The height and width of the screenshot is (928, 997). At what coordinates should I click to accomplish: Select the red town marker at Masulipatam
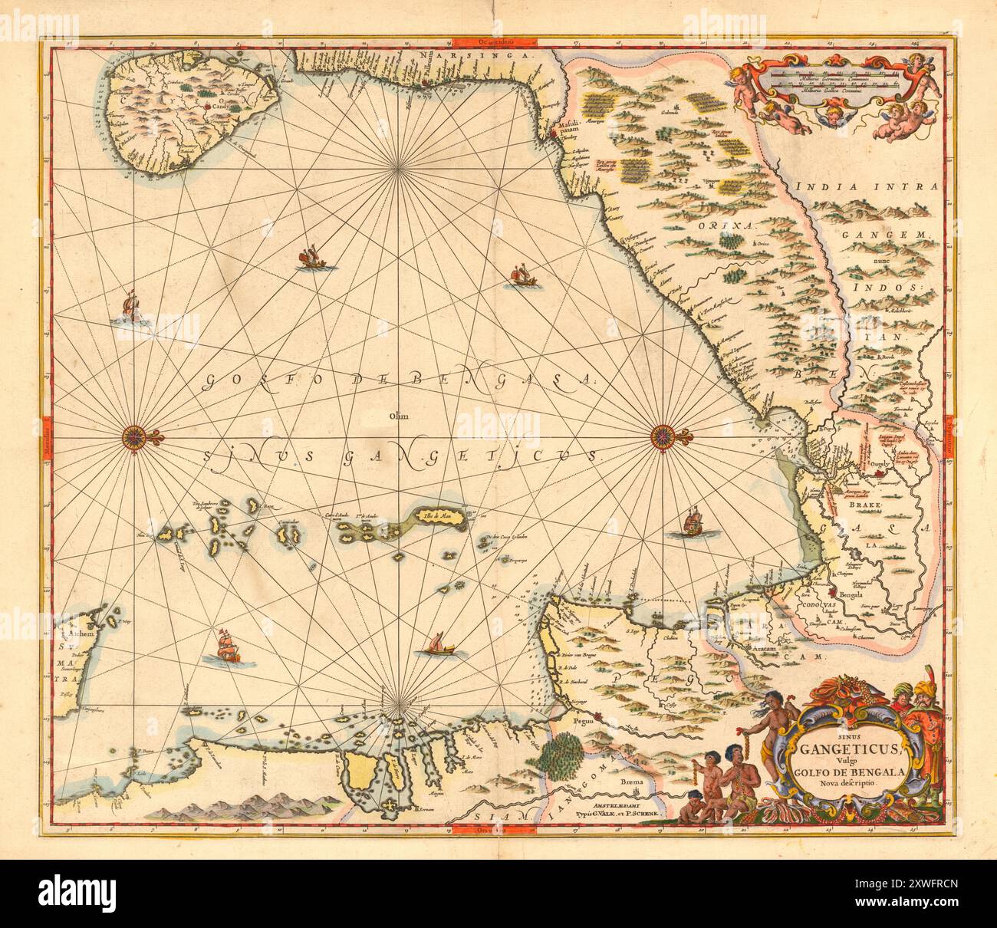click(x=574, y=136)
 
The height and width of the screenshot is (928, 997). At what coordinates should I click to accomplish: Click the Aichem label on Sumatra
click(x=80, y=635)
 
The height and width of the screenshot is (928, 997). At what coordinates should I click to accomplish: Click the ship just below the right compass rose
click(x=693, y=523)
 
